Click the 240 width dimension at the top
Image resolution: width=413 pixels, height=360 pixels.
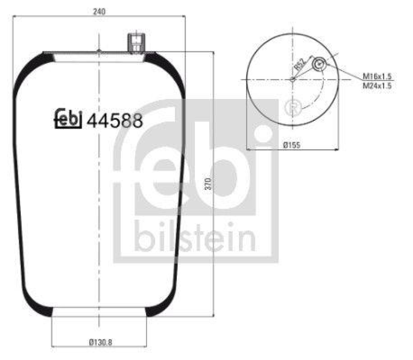98,12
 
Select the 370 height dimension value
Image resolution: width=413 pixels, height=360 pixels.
208,184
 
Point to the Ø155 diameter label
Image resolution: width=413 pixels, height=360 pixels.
292,145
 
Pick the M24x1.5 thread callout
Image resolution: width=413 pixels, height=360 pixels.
377,86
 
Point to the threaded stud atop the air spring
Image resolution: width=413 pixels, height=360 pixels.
135,43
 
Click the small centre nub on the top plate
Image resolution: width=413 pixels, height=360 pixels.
99,51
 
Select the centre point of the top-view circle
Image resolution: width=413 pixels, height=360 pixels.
292,79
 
